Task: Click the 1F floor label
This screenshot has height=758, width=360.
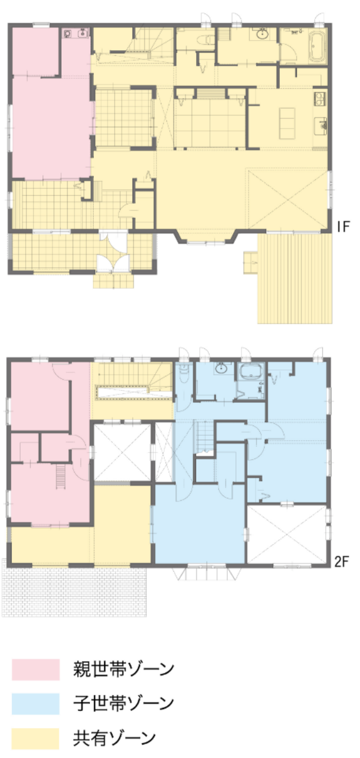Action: click(343, 227)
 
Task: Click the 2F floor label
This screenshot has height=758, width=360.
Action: click(341, 562)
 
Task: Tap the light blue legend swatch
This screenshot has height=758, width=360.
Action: click(35, 704)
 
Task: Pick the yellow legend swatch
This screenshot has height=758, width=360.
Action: click(35, 738)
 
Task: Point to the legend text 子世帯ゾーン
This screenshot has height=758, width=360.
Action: click(124, 704)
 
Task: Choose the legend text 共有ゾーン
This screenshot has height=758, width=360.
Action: click(114, 738)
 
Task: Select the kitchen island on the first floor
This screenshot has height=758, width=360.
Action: click(287, 123)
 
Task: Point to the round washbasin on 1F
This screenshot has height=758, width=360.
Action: click(261, 34)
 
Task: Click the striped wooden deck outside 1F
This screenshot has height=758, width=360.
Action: click(295, 278)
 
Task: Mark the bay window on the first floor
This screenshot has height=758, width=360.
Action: click(206, 237)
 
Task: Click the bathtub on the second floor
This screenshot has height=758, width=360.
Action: click(251, 372)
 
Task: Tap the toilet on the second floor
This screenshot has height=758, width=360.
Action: click(184, 374)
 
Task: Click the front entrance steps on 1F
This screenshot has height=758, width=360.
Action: click(114, 281)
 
